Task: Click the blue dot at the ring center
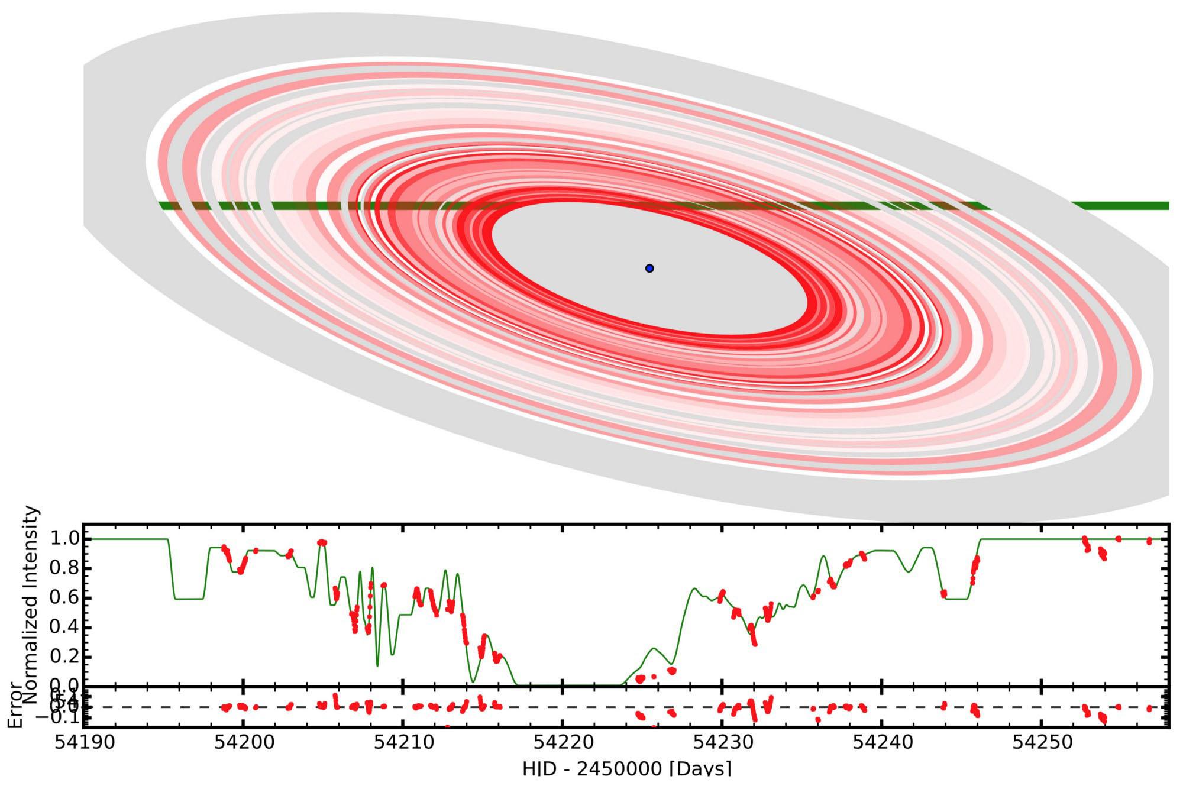[x=649, y=269]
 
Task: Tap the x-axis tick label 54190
[x=82, y=742]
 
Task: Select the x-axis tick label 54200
[x=243, y=742]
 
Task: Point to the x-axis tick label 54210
[x=403, y=742]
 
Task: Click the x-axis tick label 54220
[x=563, y=742]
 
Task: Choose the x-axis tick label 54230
[x=722, y=742]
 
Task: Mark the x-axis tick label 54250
[x=1042, y=742]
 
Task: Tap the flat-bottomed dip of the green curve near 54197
[x=189, y=599]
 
